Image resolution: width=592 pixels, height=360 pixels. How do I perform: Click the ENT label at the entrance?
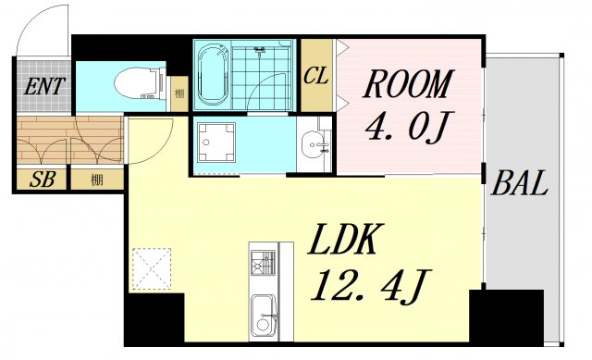[44, 86]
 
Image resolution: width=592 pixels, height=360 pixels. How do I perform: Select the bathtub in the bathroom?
[214, 74]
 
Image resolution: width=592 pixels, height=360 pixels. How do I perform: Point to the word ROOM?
[408, 84]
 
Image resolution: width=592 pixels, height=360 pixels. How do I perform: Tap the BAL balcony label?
[519, 183]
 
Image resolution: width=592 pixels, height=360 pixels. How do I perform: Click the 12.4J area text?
[370, 286]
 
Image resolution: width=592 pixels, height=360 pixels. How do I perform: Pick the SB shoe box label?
[43, 180]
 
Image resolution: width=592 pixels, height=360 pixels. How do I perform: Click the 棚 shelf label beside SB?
[97, 180]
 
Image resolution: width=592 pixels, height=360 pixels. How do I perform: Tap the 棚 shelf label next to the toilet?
[179, 93]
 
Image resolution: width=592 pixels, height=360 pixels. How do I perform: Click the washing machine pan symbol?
[216, 142]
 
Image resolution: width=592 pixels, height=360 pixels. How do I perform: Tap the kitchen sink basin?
[263, 317]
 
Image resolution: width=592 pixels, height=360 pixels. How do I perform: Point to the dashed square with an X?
[152, 268]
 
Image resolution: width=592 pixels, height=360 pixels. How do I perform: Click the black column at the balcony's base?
[506, 317]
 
